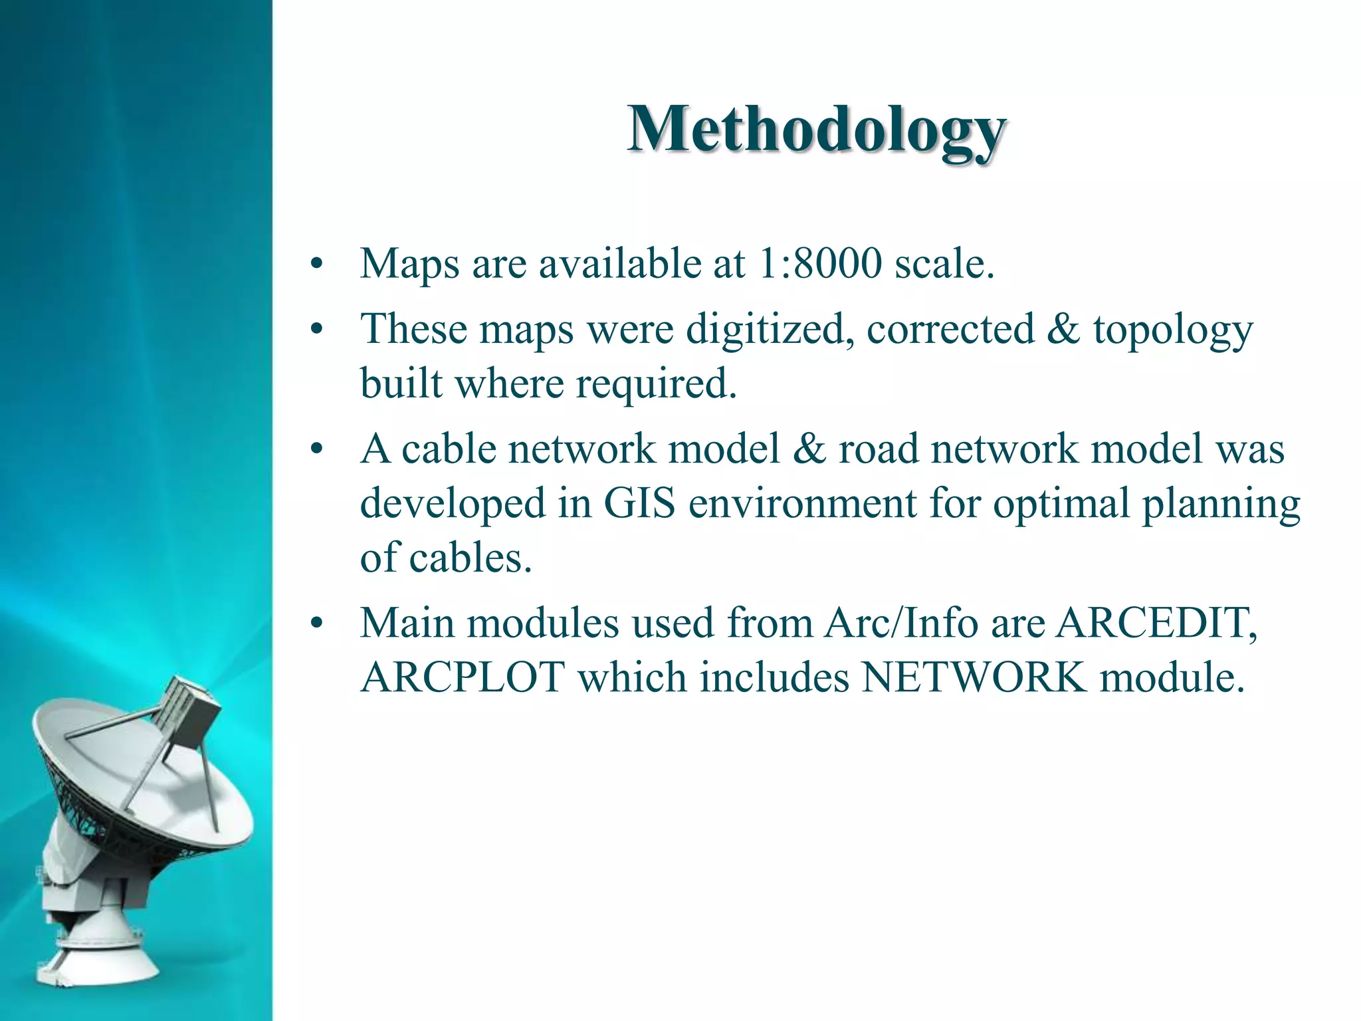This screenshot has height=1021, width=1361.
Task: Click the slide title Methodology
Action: coord(817,130)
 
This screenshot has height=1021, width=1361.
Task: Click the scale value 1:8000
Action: coord(819,263)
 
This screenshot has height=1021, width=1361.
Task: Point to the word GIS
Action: coord(639,503)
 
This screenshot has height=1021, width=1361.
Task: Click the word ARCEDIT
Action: coord(1156,624)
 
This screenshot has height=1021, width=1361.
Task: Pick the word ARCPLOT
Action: coord(463,677)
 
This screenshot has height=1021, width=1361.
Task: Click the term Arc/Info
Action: coord(900,624)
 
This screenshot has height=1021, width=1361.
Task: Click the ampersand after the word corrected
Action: coord(1063,329)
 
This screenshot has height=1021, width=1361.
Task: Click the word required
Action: coord(656,384)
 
